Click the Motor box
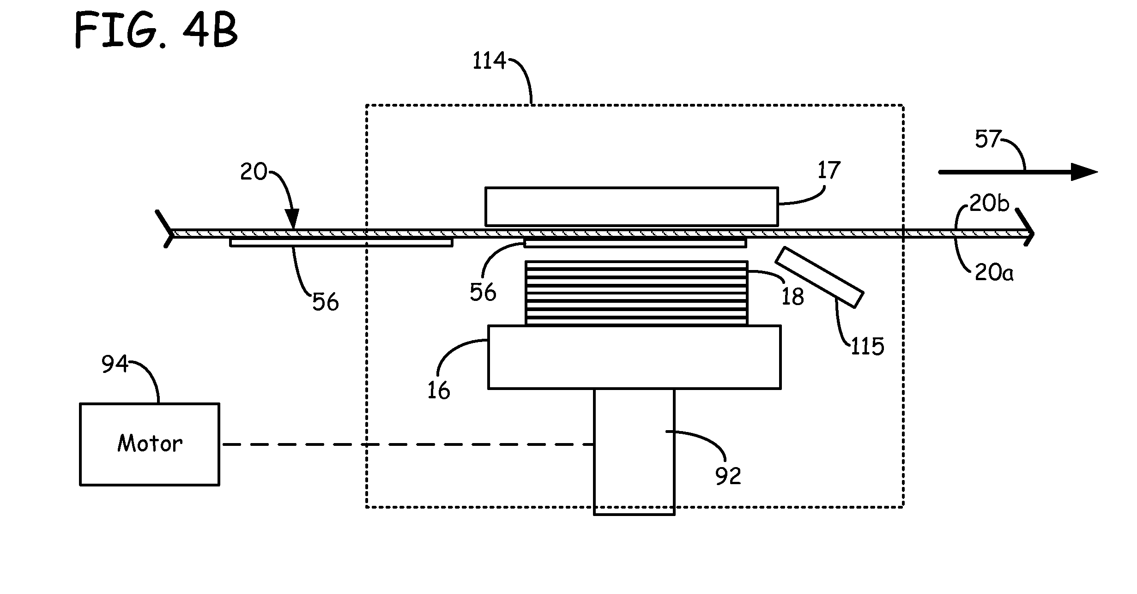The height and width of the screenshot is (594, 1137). tap(150, 444)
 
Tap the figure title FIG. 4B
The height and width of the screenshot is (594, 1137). tap(156, 30)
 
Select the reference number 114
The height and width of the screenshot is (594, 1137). tap(489, 61)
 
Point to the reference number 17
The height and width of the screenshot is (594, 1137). tap(829, 171)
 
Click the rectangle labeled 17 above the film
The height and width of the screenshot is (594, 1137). tap(631, 206)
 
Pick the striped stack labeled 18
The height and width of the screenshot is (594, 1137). tap(636, 293)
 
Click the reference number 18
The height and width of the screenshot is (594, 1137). tap(792, 297)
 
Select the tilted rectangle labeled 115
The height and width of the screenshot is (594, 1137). tap(819, 277)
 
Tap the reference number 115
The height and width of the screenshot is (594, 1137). tap(867, 346)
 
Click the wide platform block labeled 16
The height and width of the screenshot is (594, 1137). tap(635, 357)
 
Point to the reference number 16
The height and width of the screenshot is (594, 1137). tap(438, 391)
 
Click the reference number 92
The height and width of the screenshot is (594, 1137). tap(728, 476)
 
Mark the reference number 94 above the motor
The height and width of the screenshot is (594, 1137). tap(115, 364)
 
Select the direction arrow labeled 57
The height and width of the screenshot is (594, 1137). tap(1018, 172)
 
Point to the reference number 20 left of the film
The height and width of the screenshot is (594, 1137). tap(254, 172)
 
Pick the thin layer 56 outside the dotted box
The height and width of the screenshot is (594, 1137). tap(341, 243)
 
